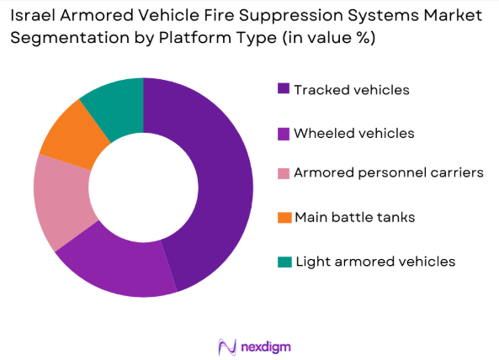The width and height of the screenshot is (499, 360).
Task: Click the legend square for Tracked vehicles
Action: (x=283, y=89)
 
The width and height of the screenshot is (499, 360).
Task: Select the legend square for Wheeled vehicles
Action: (x=283, y=133)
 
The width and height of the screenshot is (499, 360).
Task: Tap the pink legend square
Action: (x=283, y=173)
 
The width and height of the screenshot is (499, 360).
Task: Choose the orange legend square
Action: (x=283, y=218)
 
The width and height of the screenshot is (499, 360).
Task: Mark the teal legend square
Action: (x=283, y=262)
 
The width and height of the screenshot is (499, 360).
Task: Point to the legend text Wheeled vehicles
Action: (x=353, y=133)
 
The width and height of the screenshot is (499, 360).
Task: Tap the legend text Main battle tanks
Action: (x=354, y=218)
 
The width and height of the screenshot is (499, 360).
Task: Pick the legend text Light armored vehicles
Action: (x=374, y=262)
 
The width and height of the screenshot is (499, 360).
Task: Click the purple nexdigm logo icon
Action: (x=226, y=345)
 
